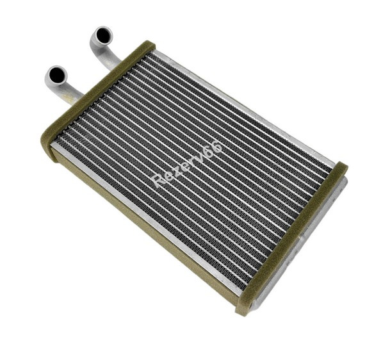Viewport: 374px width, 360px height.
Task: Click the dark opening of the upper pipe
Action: pos(103,35)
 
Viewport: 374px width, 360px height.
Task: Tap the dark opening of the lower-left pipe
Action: pos(57,75)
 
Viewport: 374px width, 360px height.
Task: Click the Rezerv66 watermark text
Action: pos(187,165)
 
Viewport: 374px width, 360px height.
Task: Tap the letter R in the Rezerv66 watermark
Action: pos(159,181)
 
